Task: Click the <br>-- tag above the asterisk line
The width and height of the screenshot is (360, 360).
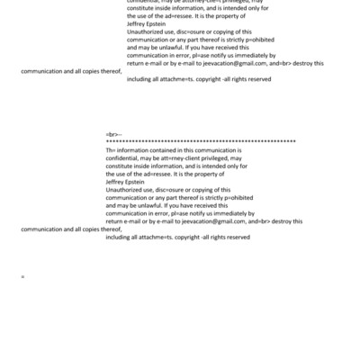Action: (x=112, y=132)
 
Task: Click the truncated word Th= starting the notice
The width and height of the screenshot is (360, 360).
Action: (x=111, y=148)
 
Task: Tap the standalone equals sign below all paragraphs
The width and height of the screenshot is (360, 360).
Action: (x=22, y=276)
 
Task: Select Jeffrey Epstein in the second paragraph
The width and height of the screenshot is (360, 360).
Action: (x=125, y=180)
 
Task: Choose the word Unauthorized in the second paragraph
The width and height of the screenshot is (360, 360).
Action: (x=125, y=189)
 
